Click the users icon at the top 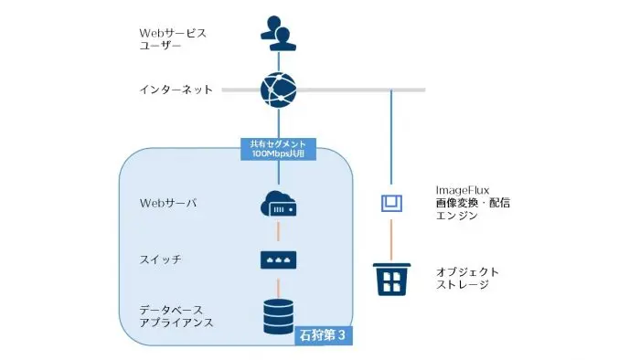[278, 34]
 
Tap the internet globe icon [278, 90]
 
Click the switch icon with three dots [278, 260]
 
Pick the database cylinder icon [278, 314]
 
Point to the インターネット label [176, 90]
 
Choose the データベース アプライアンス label [177, 315]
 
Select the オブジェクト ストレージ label [466, 278]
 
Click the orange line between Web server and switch [278, 232]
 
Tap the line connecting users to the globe [278, 59]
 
